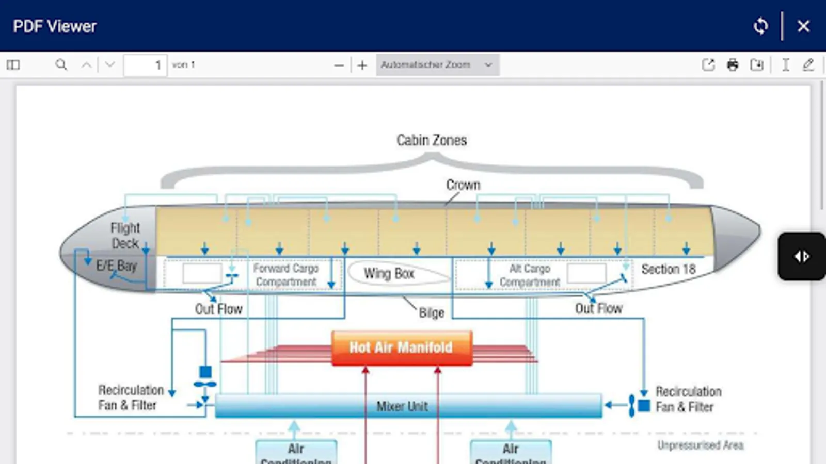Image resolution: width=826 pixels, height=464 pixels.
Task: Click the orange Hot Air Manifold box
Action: click(x=402, y=348)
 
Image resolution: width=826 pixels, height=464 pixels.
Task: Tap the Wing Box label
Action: click(x=389, y=273)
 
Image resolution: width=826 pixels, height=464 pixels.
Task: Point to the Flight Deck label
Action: click(x=125, y=235)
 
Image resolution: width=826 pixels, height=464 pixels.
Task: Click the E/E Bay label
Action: click(x=117, y=266)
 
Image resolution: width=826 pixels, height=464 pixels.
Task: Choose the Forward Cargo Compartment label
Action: click(x=286, y=275)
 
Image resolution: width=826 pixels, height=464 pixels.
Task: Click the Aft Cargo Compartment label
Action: click(x=530, y=275)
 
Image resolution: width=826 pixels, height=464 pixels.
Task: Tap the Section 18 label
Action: click(x=669, y=269)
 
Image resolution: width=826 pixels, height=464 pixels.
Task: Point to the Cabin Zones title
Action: click(x=432, y=140)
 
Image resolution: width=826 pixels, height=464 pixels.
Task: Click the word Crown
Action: click(x=463, y=185)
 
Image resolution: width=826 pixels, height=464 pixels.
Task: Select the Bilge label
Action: click(x=432, y=313)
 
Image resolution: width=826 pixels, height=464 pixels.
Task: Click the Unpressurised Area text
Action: click(x=701, y=445)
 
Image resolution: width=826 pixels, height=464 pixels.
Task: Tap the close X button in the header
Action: click(x=803, y=26)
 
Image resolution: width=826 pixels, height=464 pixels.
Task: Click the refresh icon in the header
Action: click(x=760, y=26)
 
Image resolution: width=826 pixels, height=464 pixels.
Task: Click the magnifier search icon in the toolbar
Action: click(x=61, y=65)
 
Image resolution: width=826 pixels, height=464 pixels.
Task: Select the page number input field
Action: click(x=145, y=65)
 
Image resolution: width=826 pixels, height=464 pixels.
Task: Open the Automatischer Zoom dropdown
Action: click(x=437, y=65)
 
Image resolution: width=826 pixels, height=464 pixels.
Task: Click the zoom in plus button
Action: click(x=362, y=65)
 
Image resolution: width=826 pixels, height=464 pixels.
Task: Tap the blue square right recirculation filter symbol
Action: click(x=644, y=406)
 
